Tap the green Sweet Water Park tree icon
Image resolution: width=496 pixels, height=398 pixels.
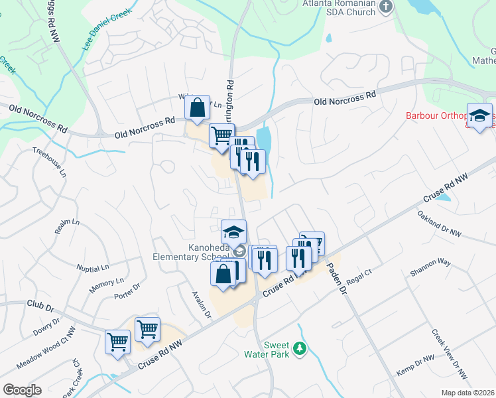300,348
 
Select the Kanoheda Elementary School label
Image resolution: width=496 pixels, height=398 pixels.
190,253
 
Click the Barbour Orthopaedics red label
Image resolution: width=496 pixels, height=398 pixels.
438,117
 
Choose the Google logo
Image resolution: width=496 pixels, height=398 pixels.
22,390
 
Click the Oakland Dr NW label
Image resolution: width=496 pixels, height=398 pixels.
439,224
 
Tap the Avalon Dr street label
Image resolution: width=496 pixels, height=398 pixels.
200,304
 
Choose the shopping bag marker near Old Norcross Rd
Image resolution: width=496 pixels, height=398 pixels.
198,108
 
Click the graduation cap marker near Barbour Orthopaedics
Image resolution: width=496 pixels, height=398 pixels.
479,116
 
